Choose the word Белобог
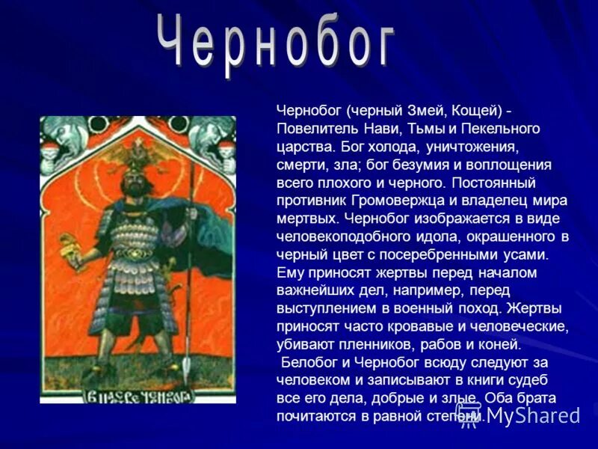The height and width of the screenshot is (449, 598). [x=309, y=363]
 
